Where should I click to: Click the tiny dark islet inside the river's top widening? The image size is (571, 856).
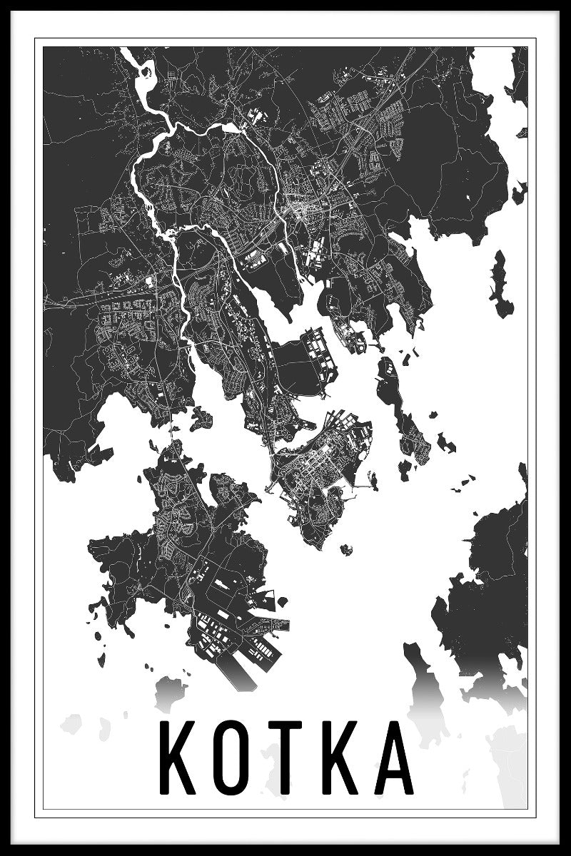(148, 71)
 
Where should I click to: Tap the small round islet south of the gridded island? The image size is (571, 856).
(347, 549)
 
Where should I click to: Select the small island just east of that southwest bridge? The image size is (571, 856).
(202, 415)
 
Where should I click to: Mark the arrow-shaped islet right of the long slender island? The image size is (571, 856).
(445, 442)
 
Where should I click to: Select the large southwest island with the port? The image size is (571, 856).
(186, 549)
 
